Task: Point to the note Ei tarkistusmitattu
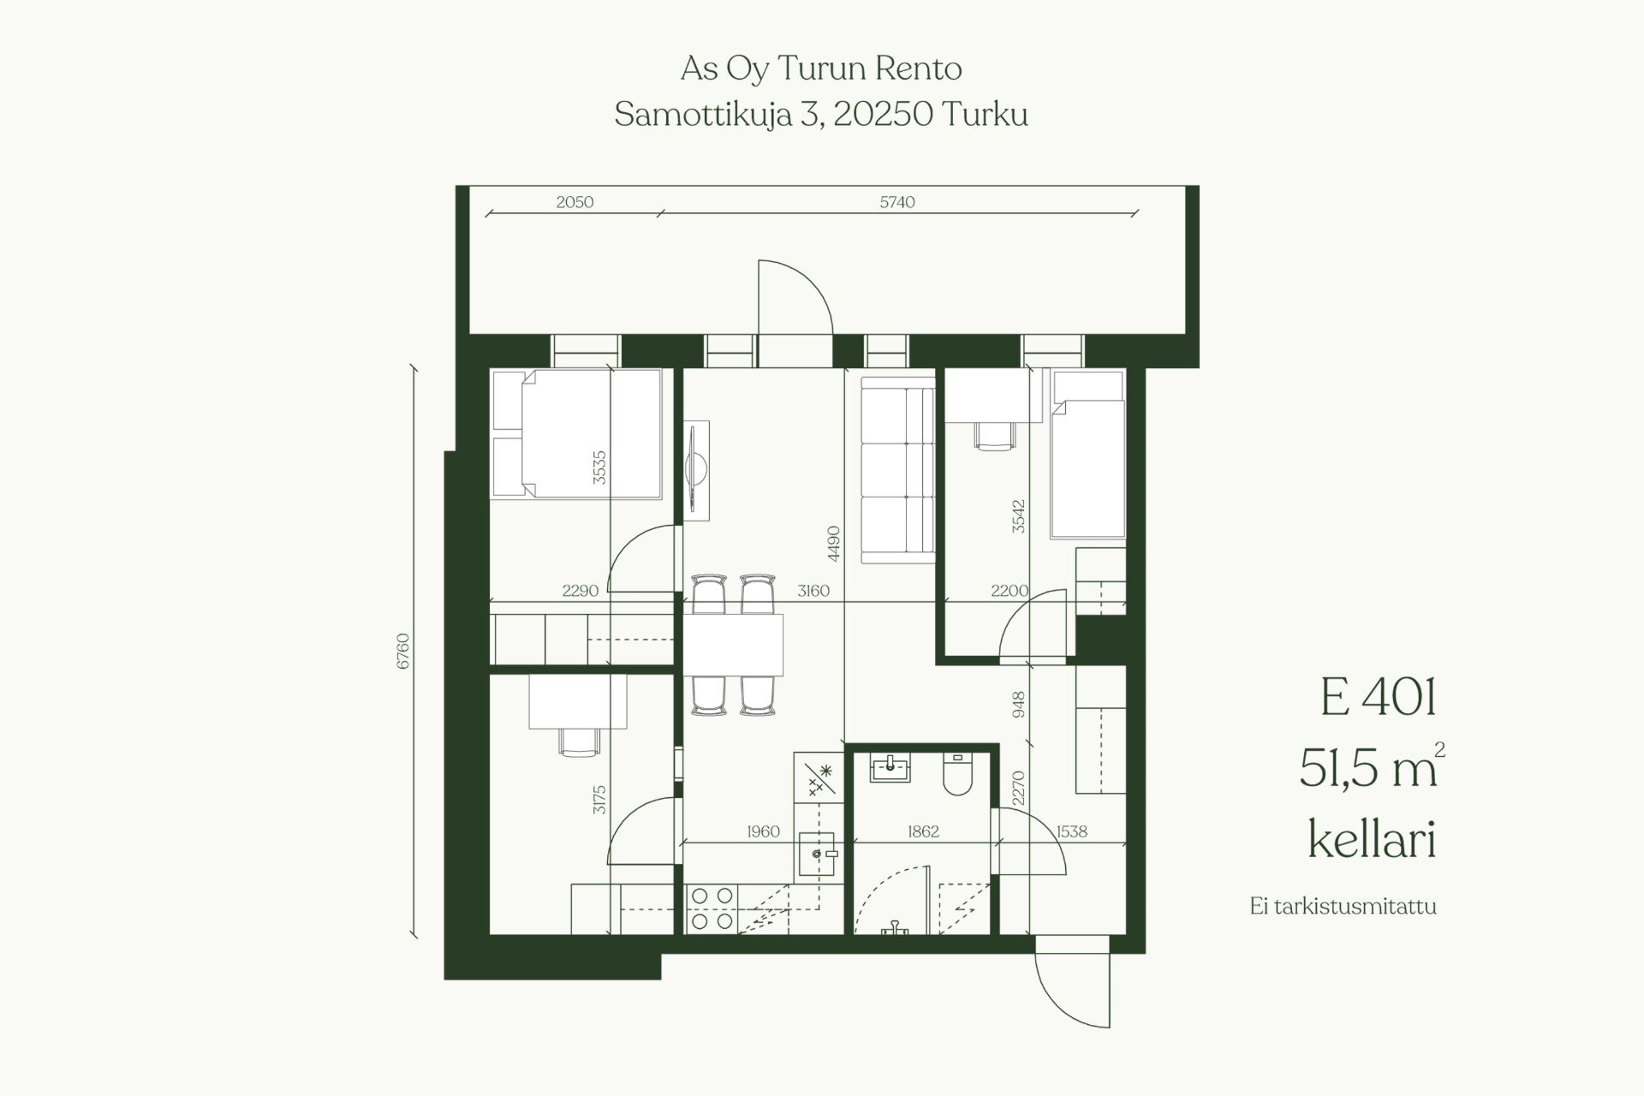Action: tap(1343, 906)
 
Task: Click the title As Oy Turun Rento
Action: tap(821, 68)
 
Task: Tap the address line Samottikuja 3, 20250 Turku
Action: tap(821, 114)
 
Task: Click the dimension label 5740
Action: tap(897, 202)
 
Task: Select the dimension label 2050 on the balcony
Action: tap(575, 202)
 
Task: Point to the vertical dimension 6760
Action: tap(403, 652)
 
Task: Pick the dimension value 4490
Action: tap(834, 544)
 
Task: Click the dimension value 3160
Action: tap(813, 591)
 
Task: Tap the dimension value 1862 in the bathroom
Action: tap(923, 831)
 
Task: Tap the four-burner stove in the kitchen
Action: tap(712, 908)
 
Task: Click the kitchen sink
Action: tap(817, 854)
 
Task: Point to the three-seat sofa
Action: tap(897, 470)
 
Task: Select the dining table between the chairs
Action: tap(733, 645)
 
